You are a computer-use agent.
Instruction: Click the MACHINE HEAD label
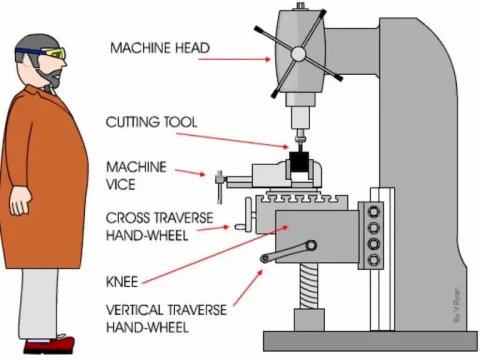[158, 47]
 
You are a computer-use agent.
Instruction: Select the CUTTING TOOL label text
[152, 122]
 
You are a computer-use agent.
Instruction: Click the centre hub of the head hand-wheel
[298, 54]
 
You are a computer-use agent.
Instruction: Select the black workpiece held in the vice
[298, 164]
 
